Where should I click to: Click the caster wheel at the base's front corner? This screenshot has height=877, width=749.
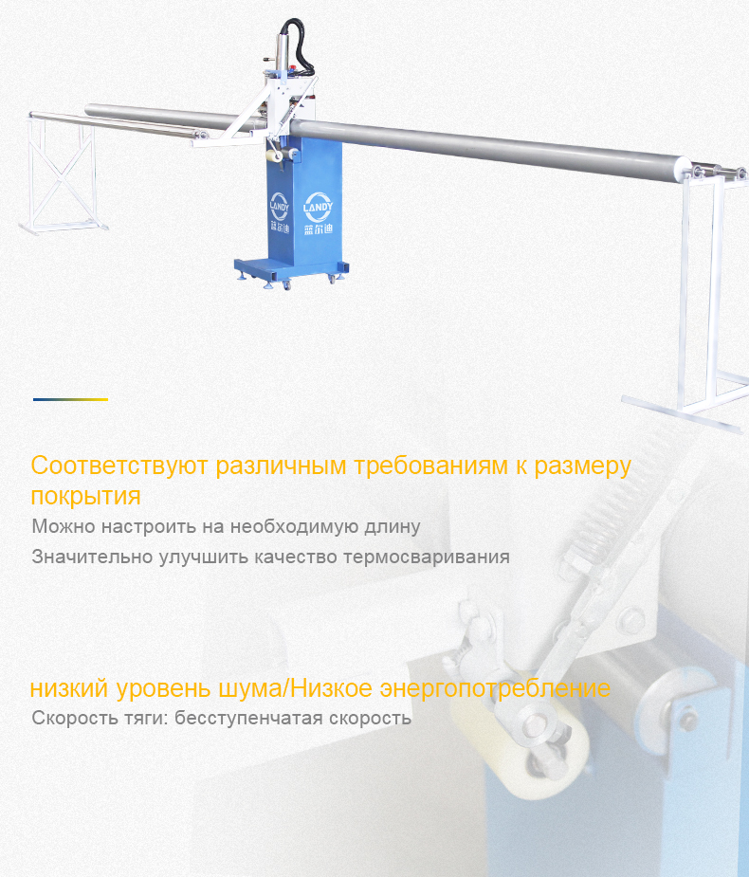(287, 285)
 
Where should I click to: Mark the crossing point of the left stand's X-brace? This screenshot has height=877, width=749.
(62, 176)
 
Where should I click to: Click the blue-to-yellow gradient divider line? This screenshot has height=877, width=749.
(70, 399)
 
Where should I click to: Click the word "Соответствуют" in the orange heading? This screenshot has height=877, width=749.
(119, 466)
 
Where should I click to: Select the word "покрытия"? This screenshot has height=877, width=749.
(85, 496)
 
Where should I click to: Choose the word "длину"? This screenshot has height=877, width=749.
(393, 527)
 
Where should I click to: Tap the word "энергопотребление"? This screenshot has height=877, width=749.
(495, 688)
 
